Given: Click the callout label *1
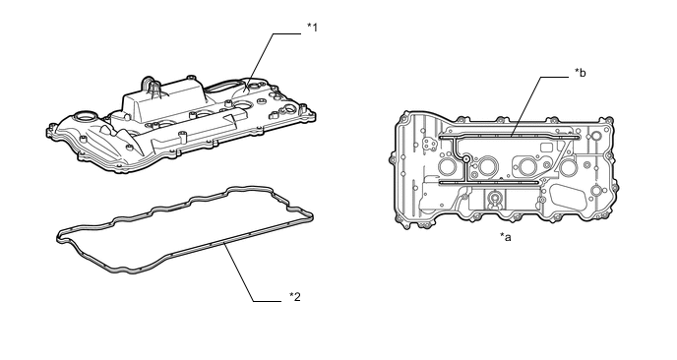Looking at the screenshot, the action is pos(312,28).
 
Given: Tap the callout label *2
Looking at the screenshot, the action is pos(295,296).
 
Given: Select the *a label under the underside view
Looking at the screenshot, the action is pos(506,236).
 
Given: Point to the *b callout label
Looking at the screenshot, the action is pos(581,73).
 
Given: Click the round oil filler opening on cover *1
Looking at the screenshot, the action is pos(83,116).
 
